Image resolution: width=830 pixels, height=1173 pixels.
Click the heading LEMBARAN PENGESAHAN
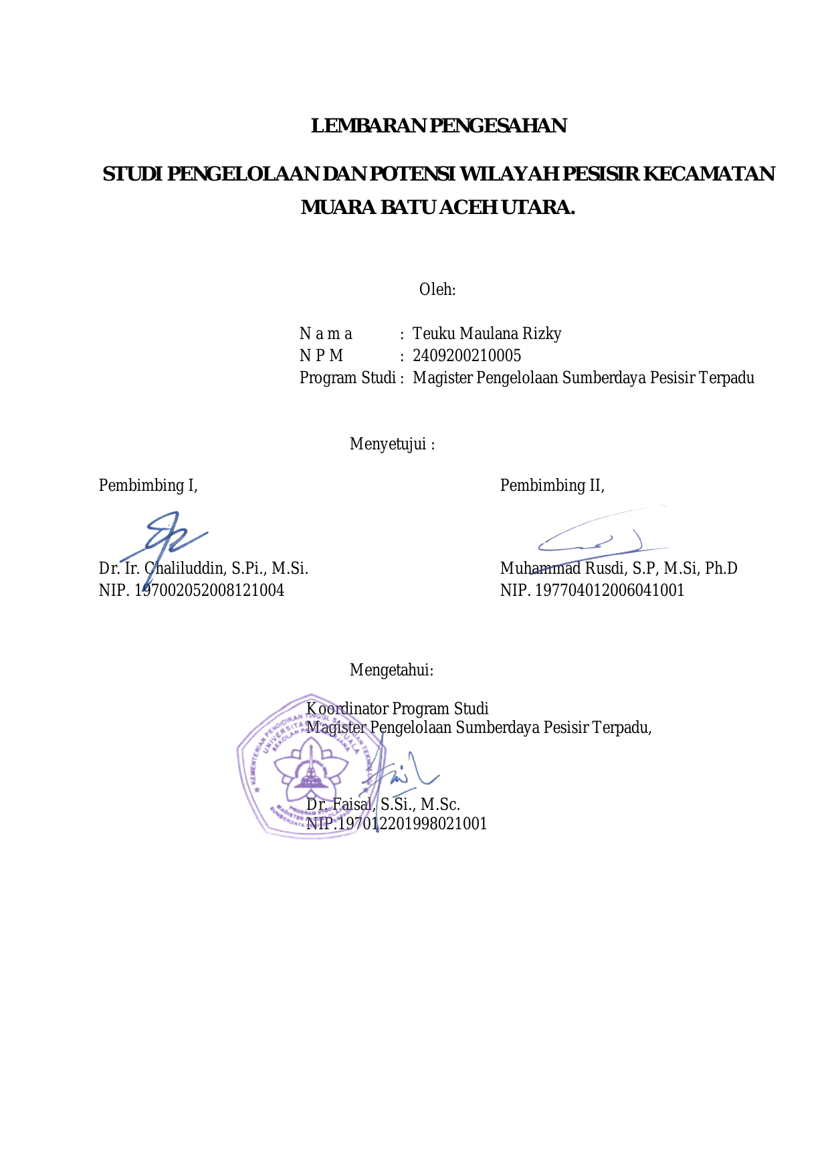pyautogui.click(x=439, y=126)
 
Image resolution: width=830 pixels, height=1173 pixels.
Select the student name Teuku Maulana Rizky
pyautogui.click(x=487, y=334)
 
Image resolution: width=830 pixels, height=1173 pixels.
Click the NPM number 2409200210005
pyautogui.click(x=467, y=356)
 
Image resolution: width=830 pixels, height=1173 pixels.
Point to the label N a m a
pyautogui.click(x=326, y=334)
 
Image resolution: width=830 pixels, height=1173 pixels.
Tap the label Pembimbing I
pyautogui.click(x=148, y=486)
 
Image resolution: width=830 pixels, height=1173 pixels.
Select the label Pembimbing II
pyautogui.click(x=552, y=486)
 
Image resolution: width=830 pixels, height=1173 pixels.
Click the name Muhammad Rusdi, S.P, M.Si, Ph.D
pyautogui.click(x=619, y=568)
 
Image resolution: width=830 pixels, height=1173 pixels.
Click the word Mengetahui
pyautogui.click(x=391, y=670)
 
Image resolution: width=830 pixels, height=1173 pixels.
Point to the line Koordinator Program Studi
pyautogui.click(x=397, y=709)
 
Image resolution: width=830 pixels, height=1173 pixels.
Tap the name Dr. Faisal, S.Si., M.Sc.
pyautogui.click(x=383, y=805)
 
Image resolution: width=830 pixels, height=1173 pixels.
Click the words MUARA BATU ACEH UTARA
pyautogui.click(x=438, y=207)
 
